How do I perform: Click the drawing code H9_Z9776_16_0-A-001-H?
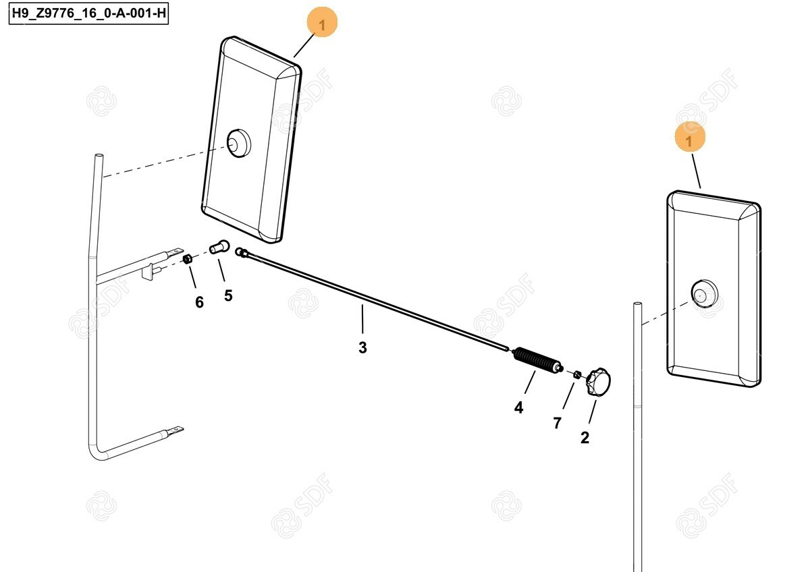click(88, 13)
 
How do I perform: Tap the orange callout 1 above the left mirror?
click(322, 22)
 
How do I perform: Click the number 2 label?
click(585, 438)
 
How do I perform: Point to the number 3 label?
click(362, 347)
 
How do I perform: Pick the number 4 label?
click(518, 407)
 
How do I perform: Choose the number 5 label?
click(228, 295)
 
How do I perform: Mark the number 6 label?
click(199, 302)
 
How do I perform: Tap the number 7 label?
click(558, 423)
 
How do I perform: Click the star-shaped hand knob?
click(598, 382)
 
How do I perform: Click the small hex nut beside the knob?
click(577, 374)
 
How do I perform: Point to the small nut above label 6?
click(187, 259)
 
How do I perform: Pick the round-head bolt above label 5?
click(219, 247)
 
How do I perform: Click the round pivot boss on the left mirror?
click(239, 143)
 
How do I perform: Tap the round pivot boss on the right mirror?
click(704, 293)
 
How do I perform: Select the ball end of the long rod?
click(240, 252)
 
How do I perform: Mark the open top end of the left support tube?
click(99, 156)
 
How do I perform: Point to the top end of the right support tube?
click(637, 304)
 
